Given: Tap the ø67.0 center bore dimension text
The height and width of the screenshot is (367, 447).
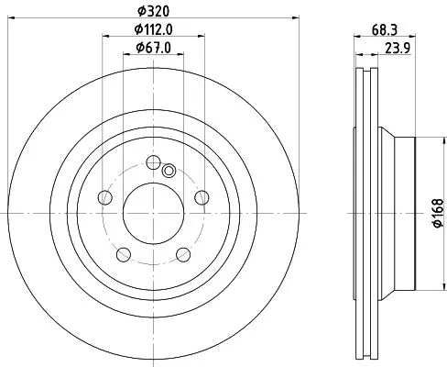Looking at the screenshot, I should [153, 49].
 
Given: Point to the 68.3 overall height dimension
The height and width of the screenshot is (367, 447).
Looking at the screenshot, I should [384, 30].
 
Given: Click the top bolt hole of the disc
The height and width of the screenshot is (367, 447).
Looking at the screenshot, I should [153, 162].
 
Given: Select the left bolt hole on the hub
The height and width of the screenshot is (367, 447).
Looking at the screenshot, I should [105, 198].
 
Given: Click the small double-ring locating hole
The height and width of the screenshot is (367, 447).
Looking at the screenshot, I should [168, 170].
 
